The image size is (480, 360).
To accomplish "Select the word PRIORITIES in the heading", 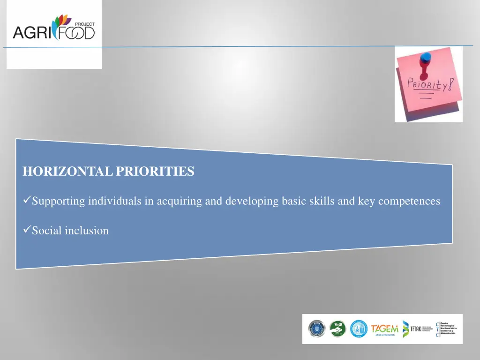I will click(155, 172).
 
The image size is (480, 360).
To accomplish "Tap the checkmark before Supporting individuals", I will click(27, 201).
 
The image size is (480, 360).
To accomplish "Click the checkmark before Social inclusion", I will click(27, 230).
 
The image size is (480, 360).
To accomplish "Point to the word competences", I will click(409, 202).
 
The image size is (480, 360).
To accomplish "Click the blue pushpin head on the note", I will click(426, 57).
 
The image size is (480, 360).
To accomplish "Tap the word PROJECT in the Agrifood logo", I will click(85, 24).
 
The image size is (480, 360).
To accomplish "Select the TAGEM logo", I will click(384, 329).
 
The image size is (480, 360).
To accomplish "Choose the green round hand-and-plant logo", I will click(337, 329).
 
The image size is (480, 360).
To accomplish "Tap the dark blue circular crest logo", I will click(317, 329).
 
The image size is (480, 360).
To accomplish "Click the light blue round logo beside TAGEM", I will click(359, 329).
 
